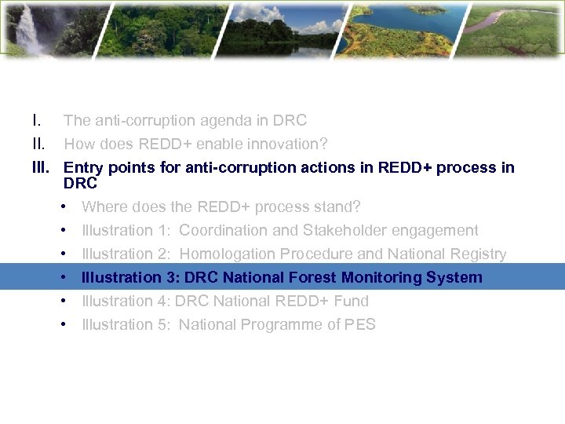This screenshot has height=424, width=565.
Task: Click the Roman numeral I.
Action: click(x=37, y=121)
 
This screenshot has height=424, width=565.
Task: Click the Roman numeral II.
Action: click(x=39, y=144)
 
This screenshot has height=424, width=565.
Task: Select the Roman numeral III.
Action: click(x=41, y=167)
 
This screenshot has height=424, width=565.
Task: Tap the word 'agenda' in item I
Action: click(x=216, y=121)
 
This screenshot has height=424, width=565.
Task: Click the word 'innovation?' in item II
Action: click(x=288, y=144)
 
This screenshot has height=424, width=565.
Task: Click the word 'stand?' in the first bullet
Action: click(x=337, y=207)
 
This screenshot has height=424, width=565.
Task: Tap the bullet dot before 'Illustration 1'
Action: click(x=62, y=231)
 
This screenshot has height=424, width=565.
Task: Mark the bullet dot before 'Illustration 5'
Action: click(x=62, y=325)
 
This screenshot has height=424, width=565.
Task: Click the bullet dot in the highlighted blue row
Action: click(x=62, y=278)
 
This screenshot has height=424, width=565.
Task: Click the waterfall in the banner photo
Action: click(x=28, y=31)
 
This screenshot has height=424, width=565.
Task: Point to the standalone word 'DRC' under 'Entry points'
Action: click(x=80, y=184)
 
